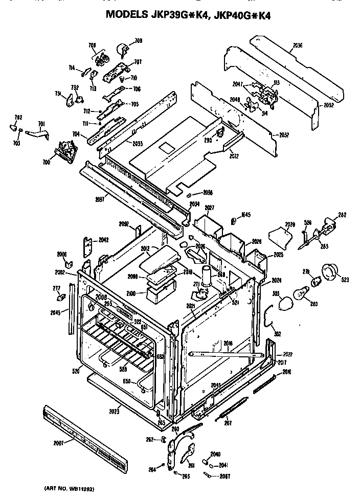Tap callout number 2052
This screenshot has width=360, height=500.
coord(329,105)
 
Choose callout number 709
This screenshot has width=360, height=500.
coord(138,40)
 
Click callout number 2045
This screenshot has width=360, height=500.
coord(55,313)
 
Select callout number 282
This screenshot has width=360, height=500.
coord(342,215)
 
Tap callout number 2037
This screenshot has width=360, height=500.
coord(100,199)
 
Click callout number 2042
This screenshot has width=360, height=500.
coord(104,240)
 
